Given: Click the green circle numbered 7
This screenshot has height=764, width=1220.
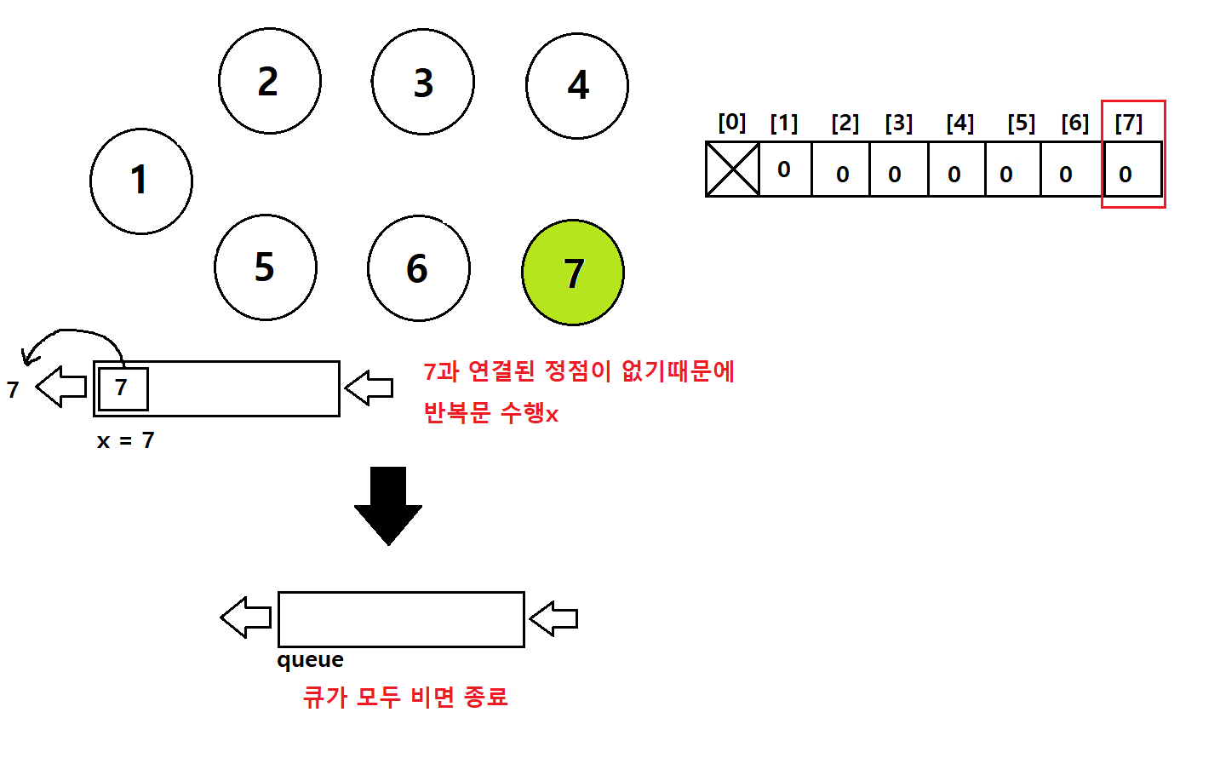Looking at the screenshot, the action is click(573, 273).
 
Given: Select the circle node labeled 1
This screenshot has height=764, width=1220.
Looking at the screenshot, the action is click(141, 181).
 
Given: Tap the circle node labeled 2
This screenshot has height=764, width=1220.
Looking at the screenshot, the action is click(270, 81).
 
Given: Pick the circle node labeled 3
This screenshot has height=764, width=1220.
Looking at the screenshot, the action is click(422, 82).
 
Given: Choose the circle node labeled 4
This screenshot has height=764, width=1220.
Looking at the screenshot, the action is click(576, 86).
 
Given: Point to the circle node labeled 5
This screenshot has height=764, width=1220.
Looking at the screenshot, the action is click(266, 267).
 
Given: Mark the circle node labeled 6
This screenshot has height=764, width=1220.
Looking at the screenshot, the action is click(419, 268).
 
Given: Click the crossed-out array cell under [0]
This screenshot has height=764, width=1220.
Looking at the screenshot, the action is click(732, 169).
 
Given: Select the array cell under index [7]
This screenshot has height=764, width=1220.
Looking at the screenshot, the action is click(1133, 169).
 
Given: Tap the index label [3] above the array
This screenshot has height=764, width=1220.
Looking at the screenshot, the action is click(899, 124).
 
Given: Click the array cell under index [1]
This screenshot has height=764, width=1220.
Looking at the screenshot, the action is click(785, 169).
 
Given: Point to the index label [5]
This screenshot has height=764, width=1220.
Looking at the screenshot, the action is click(1021, 124).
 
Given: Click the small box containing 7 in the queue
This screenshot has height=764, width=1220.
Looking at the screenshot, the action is click(123, 389).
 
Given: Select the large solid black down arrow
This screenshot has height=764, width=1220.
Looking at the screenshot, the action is click(388, 506).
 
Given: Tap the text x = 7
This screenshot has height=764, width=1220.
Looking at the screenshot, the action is click(126, 440).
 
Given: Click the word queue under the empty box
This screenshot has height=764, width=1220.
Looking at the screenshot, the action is click(311, 660).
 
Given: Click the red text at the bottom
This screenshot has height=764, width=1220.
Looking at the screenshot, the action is click(405, 697).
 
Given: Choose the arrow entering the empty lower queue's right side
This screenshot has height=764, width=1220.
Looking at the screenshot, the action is click(553, 618).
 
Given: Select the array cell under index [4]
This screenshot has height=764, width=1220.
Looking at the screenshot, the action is click(957, 169).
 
